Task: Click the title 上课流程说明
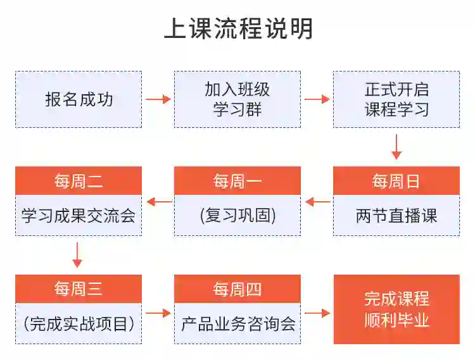(x=238, y=28)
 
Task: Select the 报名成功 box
(x=79, y=99)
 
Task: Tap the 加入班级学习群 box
(x=237, y=99)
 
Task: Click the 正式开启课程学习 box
(x=396, y=99)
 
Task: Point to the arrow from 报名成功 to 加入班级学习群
(x=158, y=99)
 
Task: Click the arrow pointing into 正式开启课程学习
(x=317, y=99)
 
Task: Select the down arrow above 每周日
(x=396, y=146)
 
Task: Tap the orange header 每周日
(x=396, y=182)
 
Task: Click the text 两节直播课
(x=396, y=216)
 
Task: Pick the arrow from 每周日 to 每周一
(x=317, y=202)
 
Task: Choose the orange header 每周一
(x=237, y=182)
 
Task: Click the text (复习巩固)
(x=237, y=216)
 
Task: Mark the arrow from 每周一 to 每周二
(x=159, y=202)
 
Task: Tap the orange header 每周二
(x=79, y=182)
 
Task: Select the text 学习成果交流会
(x=79, y=216)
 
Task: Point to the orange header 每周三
(x=79, y=290)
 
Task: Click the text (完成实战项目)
(x=79, y=324)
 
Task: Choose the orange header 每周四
(x=237, y=290)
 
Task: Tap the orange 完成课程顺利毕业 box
(x=396, y=309)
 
